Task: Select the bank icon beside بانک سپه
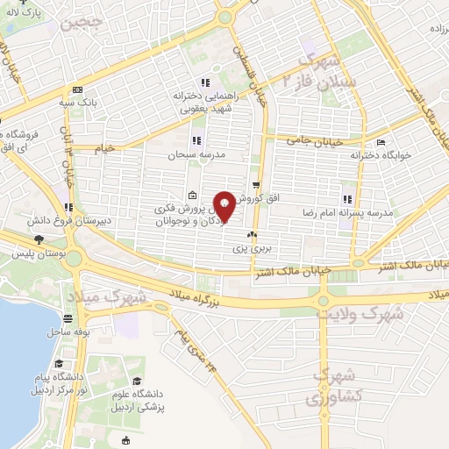click(78, 90)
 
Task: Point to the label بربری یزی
click(253, 249)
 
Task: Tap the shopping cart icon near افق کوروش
click(256, 185)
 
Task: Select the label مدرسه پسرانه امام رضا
click(352, 213)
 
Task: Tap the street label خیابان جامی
click(313, 139)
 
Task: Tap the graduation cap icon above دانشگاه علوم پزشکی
click(137, 380)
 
